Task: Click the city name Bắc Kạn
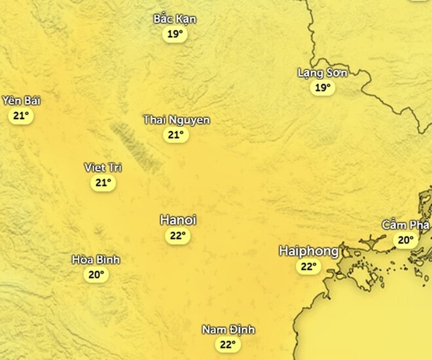[x=175, y=19]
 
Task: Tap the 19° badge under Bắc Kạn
[x=175, y=35]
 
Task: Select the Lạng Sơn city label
[x=323, y=72]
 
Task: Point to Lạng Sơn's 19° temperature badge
[x=323, y=88]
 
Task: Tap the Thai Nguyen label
[x=176, y=120]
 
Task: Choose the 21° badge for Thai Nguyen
[x=175, y=135]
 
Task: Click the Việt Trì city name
[x=103, y=168]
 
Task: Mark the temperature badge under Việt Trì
[x=103, y=183]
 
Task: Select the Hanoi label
[x=178, y=220]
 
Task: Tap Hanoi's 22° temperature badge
[x=177, y=236]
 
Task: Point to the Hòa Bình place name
[x=96, y=260]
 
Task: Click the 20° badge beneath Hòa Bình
[x=96, y=275]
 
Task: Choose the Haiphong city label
[x=309, y=251]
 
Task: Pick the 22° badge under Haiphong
[x=308, y=266]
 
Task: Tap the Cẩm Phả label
[x=406, y=225]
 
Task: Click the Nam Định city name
[x=228, y=329]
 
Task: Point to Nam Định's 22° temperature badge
[x=228, y=344]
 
